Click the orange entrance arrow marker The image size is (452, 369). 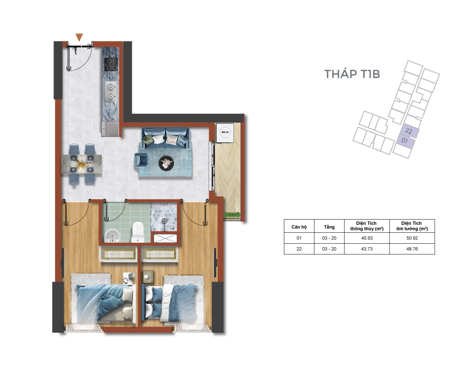79,37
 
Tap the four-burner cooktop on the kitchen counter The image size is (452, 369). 111,64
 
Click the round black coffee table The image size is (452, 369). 166,163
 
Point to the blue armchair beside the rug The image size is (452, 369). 141,160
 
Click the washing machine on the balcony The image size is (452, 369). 225,133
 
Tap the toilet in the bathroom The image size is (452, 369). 137,232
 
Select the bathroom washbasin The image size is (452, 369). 113,236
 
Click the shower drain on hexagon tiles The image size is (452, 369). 164,221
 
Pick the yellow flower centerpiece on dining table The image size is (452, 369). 81,165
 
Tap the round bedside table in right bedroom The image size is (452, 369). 148,277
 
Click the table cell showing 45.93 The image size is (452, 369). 367,238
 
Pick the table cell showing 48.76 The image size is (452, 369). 412,249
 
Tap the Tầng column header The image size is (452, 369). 329,227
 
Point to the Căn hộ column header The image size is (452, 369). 299,227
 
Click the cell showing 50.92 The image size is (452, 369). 412,238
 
